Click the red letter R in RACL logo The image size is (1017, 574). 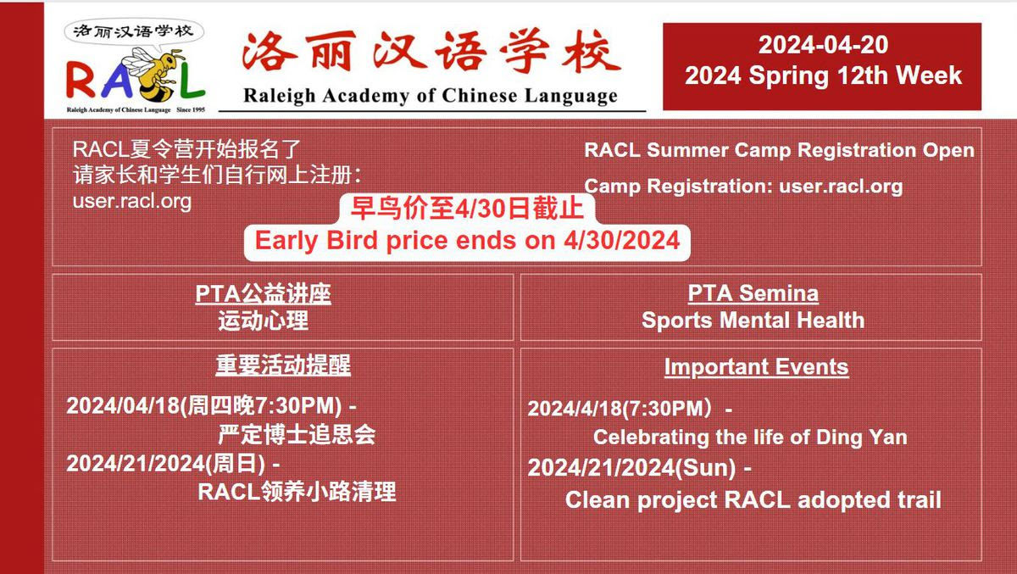pos(81,81)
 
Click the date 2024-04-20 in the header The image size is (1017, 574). pos(823,44)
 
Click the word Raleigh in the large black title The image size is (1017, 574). pos(279,97)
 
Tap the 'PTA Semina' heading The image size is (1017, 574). pos(753,293)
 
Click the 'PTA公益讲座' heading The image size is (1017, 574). pos(264,294)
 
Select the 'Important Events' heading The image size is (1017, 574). pos(756,366)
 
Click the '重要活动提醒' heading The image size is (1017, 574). pos(283,365)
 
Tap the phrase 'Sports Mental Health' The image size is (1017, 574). pos(753,320)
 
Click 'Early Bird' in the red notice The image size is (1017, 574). pos(316,240)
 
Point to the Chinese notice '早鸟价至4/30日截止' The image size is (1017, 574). pos(467,209)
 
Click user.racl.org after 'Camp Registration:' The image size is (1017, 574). pos(841,187)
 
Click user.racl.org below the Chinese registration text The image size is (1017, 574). pos(132,201)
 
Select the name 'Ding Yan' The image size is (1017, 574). pos(862,437)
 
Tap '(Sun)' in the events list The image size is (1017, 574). pos(705,468)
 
